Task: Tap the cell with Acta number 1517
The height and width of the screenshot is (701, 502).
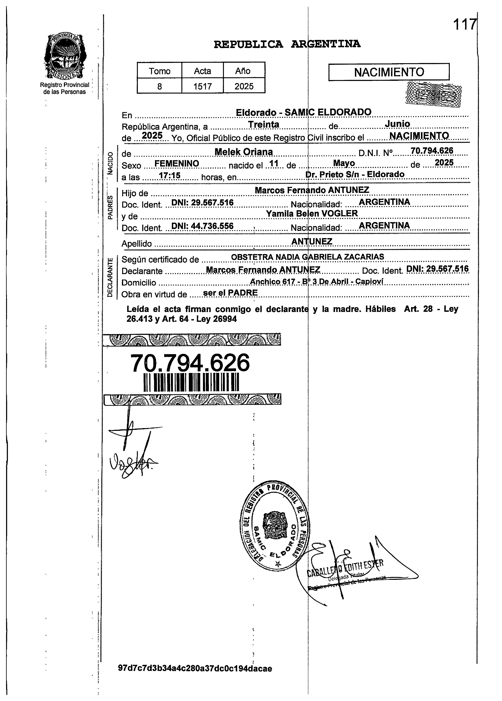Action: click(202, 86)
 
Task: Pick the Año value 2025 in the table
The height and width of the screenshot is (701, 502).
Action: click(244, 86)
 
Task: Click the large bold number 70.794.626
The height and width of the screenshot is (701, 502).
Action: click(190, 363)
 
